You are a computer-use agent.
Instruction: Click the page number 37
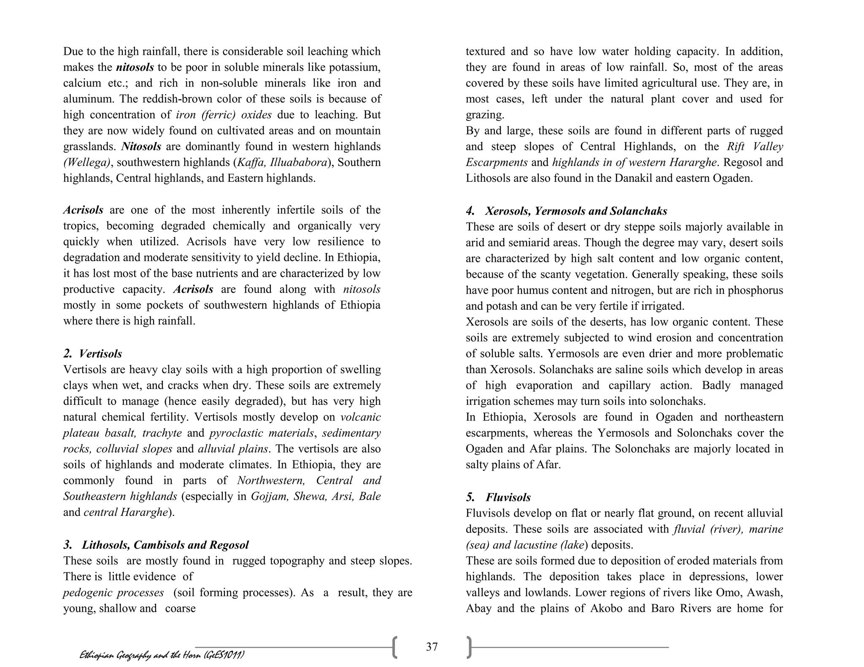tap(432, 646)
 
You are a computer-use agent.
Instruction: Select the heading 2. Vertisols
tap(93, 353)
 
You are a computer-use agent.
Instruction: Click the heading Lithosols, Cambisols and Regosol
tap(165, 545)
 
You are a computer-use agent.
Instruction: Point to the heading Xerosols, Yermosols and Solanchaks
tap(576, 210)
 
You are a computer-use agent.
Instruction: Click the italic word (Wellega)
tap(86, 162)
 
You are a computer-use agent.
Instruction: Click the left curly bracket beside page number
tap(394, 648)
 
